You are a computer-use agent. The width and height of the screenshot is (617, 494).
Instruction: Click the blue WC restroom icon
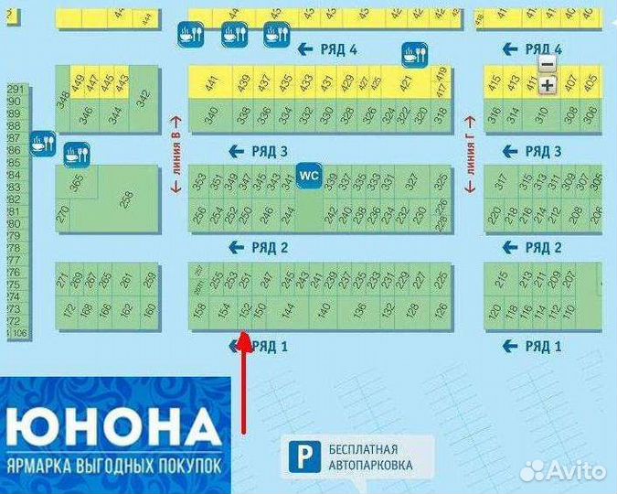click(309, 174)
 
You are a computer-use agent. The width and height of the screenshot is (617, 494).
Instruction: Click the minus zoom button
click(547, 64)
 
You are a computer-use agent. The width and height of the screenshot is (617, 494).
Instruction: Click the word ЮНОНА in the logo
click(113, 429)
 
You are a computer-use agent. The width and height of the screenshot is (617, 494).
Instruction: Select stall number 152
click(244, 311)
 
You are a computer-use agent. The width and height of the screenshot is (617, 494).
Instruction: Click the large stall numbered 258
click(126, 199)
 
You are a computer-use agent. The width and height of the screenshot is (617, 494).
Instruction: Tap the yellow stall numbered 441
click(212, 83)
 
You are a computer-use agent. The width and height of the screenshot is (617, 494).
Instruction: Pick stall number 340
click(212, 115)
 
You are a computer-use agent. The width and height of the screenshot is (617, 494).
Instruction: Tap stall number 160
click(150, 311)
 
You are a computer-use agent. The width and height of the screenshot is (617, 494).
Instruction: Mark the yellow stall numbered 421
click(405, 83)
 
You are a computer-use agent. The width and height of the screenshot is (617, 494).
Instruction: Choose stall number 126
click(441, 311)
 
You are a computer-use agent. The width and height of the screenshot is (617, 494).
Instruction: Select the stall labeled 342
click(143, 99)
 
